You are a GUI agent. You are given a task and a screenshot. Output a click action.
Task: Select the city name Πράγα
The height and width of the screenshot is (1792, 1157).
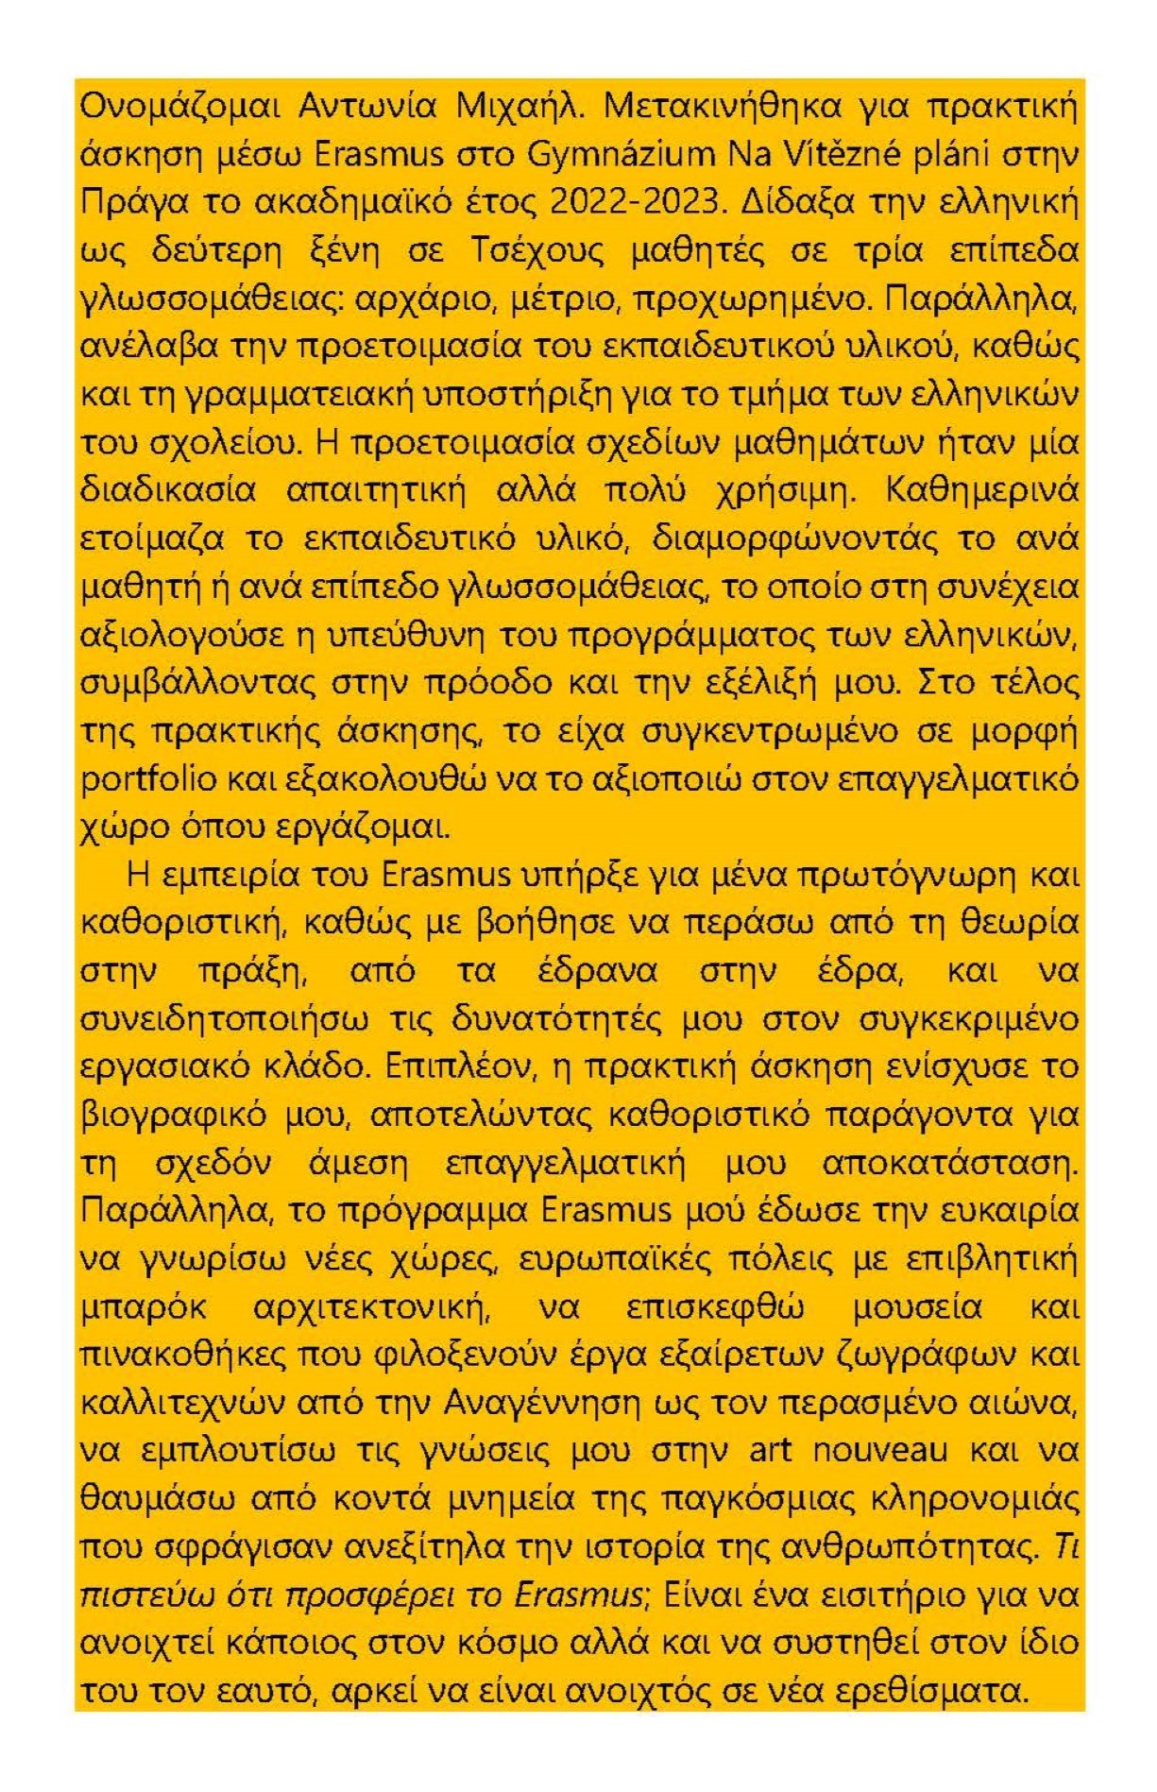pyautogui.click(x=127, y=203)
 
